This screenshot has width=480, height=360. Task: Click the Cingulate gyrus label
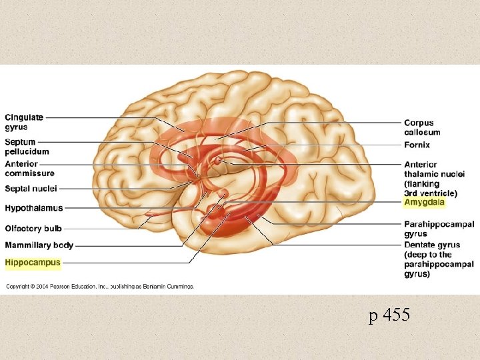24,122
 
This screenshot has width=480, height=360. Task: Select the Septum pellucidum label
27,147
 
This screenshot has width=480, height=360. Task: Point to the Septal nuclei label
31,189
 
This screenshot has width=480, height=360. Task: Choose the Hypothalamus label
34,208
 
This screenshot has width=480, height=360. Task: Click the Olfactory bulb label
33,229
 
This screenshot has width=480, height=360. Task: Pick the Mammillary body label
39,245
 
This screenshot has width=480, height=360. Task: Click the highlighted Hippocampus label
33,263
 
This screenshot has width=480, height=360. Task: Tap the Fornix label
417,145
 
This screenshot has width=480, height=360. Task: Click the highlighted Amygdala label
424,202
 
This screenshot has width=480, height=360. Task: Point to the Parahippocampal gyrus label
439,229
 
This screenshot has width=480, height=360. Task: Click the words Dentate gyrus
432,245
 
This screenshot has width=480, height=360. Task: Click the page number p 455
389,316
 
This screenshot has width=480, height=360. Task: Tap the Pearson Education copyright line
100,287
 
